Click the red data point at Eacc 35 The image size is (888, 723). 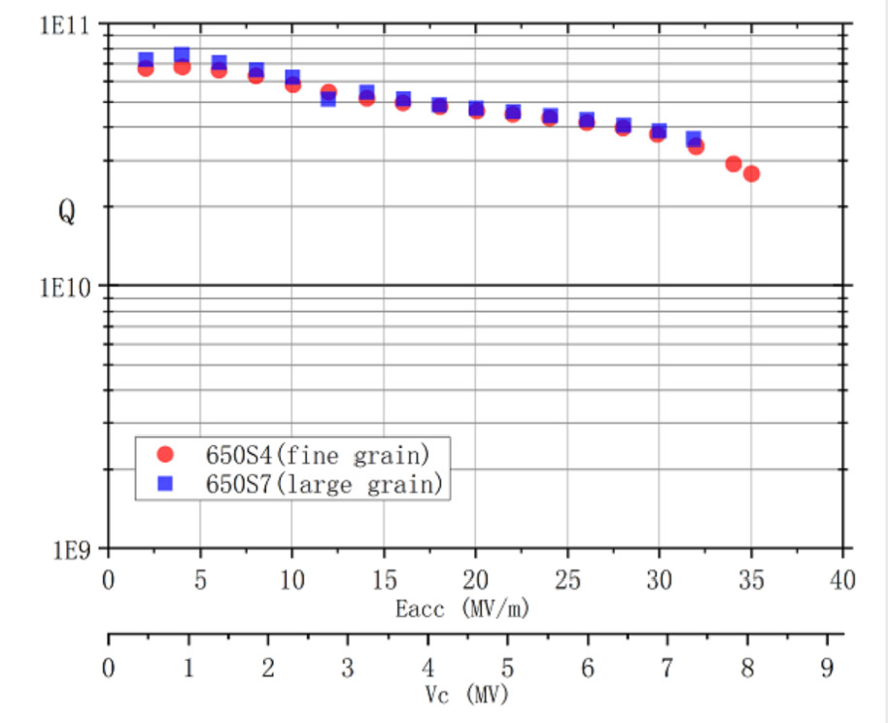pos(751,174)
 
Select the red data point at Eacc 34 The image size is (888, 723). pos(734,164)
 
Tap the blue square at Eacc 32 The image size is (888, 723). pos(694,139)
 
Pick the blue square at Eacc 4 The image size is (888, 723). pos(182,54)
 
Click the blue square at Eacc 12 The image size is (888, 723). pos(328,99)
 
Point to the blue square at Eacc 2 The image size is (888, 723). pos(146,60)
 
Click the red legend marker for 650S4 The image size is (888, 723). pos(165,453)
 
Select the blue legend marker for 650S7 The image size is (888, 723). pos(165,482)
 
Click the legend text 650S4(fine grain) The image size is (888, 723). pos(317,453)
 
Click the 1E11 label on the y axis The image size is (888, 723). pos(63,25)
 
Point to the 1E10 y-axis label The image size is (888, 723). pos(63,287)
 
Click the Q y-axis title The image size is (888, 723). pos(66,213)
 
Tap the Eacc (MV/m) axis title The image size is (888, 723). pos(462,609)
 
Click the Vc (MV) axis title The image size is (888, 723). pos(466,695)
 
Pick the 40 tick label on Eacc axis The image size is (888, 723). pos(843,581)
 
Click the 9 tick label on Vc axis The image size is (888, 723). pos(828,668)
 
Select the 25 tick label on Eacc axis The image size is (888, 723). pos(567,581)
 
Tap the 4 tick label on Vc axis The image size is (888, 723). pos(428,668)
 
